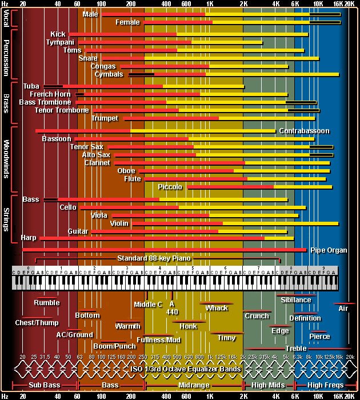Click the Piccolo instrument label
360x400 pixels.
tap(170, 187)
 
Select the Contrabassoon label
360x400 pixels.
tap(304, 131)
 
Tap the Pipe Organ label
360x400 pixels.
tap(329, 250)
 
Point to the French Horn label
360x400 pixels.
tap(50, 94)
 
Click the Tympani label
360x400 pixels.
tap(60, 42)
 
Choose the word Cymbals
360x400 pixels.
tap(109, 74)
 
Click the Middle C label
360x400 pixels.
tap(148, 305)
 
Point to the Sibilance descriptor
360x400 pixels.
tap(296, 300)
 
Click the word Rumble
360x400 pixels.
tap(47, 303)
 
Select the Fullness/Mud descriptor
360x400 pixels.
tap(162, 340)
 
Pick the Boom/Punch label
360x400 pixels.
tap(115, 346)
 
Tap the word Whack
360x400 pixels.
tap(217, 308)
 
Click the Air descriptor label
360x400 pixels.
tap(343, 309)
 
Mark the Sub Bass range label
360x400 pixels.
tap(44, 386)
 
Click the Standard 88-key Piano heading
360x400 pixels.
tap(154, 258)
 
